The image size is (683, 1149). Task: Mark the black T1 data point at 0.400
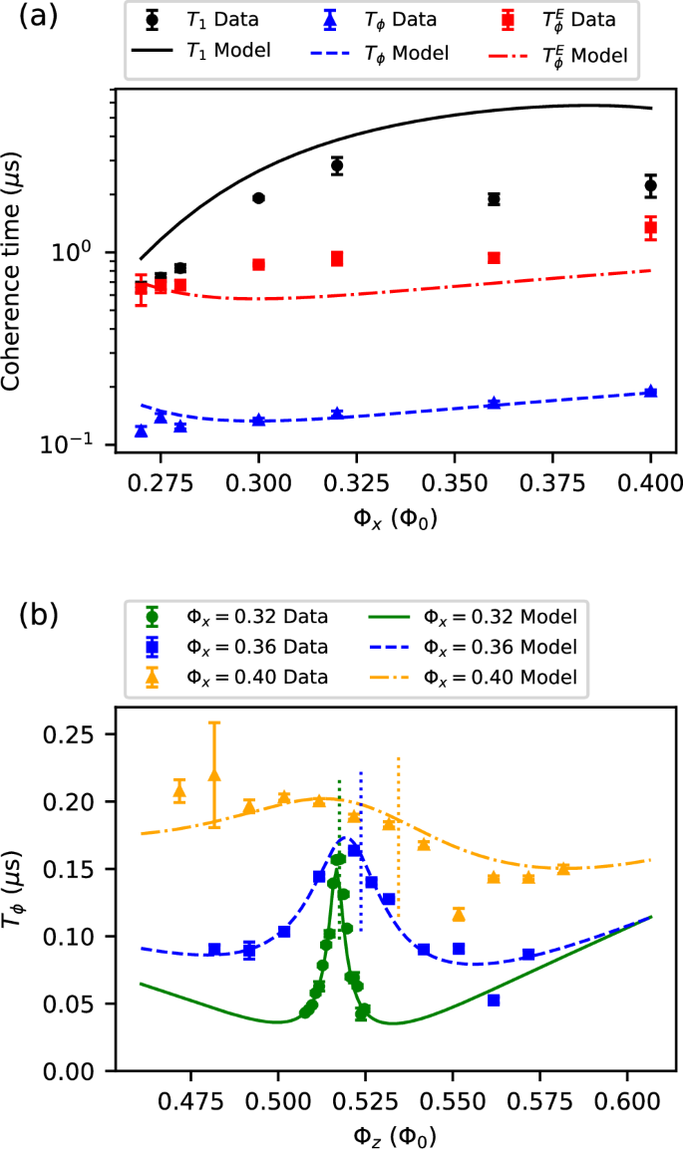click(x=651, y=184)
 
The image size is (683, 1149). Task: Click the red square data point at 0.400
click(x=651, y=227)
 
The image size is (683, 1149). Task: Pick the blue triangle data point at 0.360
click(x=494, y=403)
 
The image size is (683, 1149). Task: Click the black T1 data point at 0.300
click(x=259, y=198)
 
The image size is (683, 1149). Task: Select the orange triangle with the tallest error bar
click(x=214, y=773)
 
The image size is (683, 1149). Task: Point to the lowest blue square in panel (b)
click(x=494, y=1000)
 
